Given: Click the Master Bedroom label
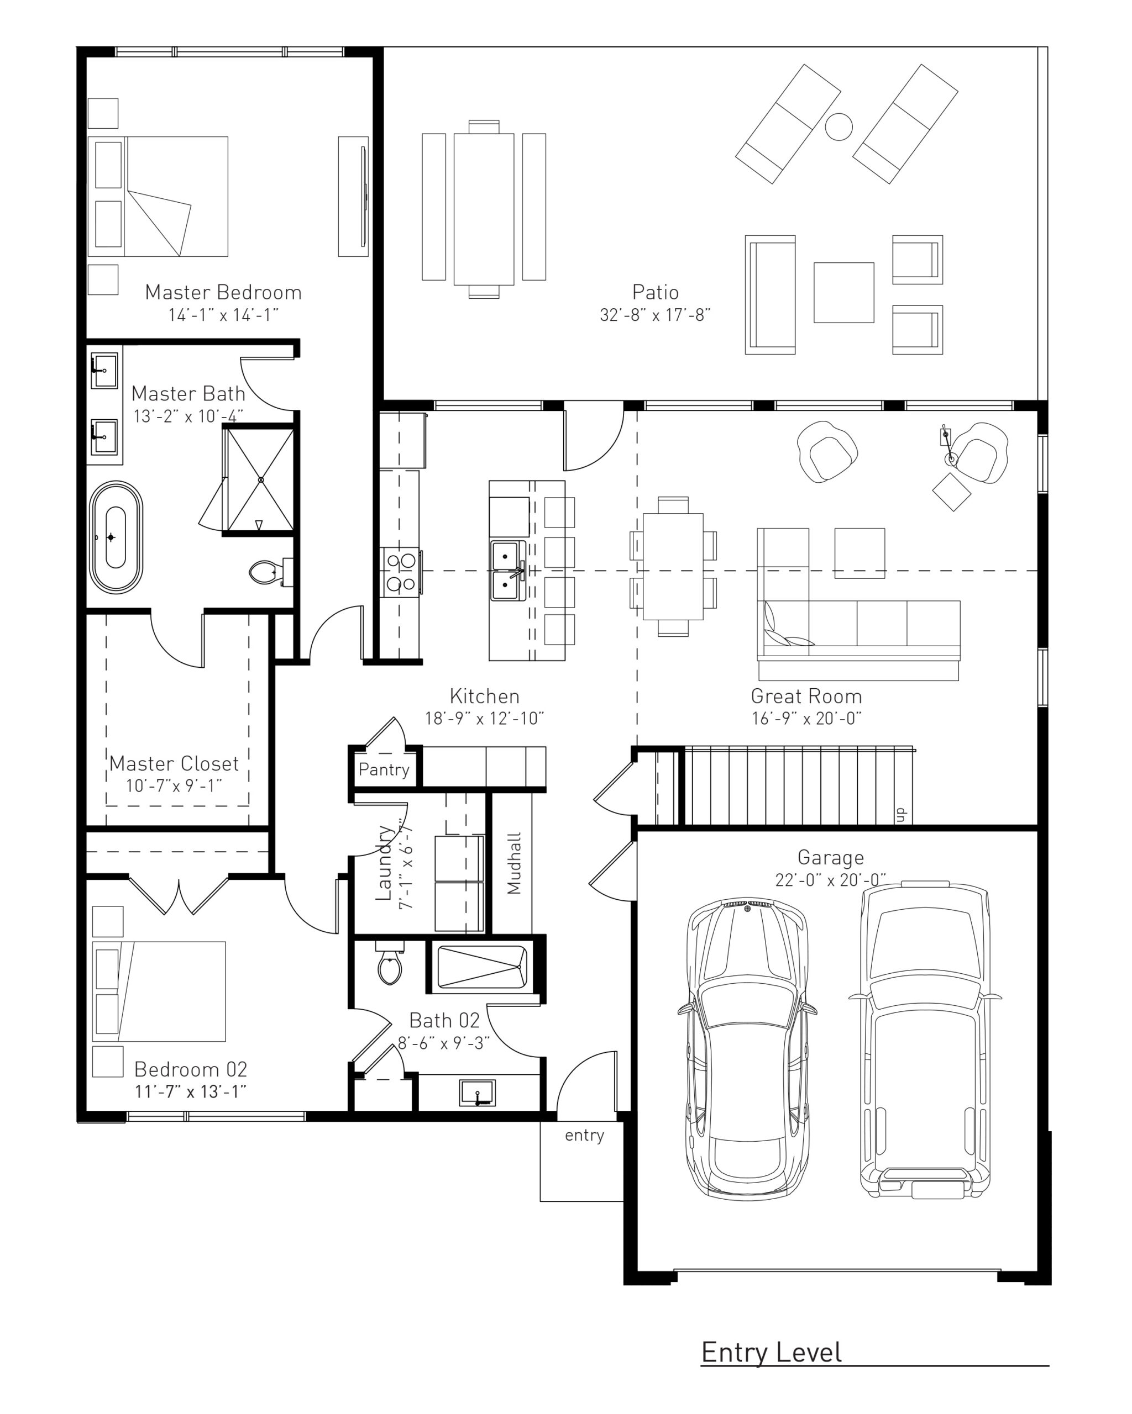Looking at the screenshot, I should click(223, 293).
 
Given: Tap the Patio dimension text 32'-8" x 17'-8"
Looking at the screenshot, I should click(655, 315).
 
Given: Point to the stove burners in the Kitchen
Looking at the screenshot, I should click(400, 571).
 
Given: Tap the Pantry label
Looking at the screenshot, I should click(383, 769).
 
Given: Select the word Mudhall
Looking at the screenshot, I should click(514, 863).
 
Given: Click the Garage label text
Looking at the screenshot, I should click(830, 857).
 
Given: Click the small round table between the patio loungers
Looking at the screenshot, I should click(838, 126).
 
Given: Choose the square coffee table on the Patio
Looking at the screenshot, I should click(843, 293).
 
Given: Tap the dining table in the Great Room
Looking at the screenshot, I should click(673, 567).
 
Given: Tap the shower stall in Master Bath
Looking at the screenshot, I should click(260, 479).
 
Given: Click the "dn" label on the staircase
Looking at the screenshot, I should click(901, 815).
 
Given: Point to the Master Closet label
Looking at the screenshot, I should click(174, 763).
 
